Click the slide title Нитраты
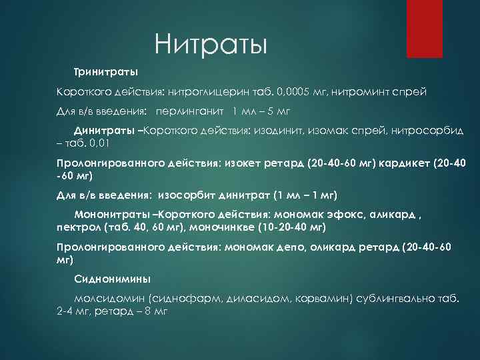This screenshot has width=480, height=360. coord(211,46)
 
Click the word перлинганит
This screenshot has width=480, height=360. coord(189,110)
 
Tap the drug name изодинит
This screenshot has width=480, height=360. coord(278,130)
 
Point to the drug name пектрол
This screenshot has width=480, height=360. coord(76,227)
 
